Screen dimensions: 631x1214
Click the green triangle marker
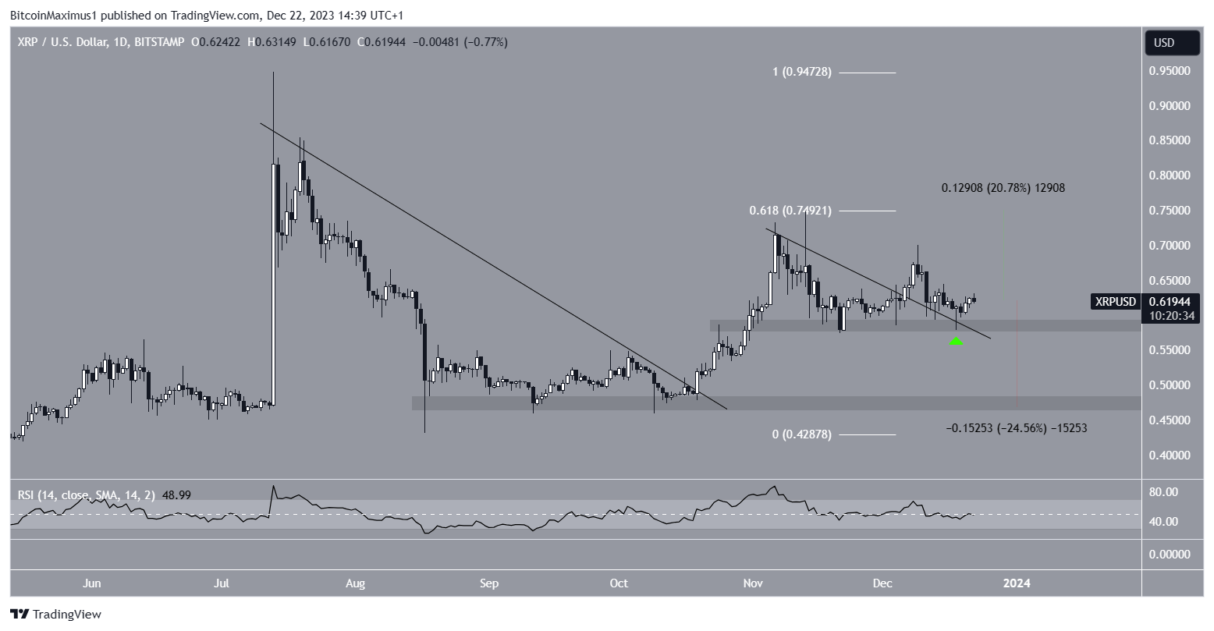tap(956, 341)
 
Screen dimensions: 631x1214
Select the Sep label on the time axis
tap(488, 583)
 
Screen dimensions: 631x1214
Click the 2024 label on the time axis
tap(1017, 583)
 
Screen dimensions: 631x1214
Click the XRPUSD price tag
tap(1116, 301)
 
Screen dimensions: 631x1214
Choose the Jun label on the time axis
tap(92, 583)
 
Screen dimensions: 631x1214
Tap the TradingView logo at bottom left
tap(55, 614)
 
